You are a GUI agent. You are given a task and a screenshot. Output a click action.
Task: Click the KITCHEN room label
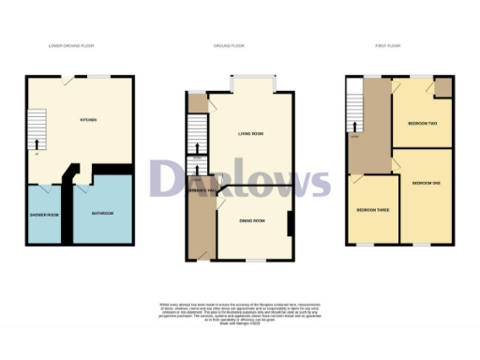(89, 120)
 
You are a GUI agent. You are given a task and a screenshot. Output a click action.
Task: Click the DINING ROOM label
(251, 220)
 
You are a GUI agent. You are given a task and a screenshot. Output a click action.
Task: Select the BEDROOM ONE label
(426, 181)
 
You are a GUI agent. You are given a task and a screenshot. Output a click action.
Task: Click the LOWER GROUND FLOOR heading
(71, 45)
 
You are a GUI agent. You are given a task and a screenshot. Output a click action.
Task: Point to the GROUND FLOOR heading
(230, 45)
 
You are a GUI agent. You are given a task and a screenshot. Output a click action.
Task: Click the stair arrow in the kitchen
(37, 143)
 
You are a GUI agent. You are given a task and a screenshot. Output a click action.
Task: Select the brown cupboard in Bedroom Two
(442, 89)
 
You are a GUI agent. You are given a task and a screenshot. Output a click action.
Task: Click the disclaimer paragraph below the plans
(240, 313)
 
